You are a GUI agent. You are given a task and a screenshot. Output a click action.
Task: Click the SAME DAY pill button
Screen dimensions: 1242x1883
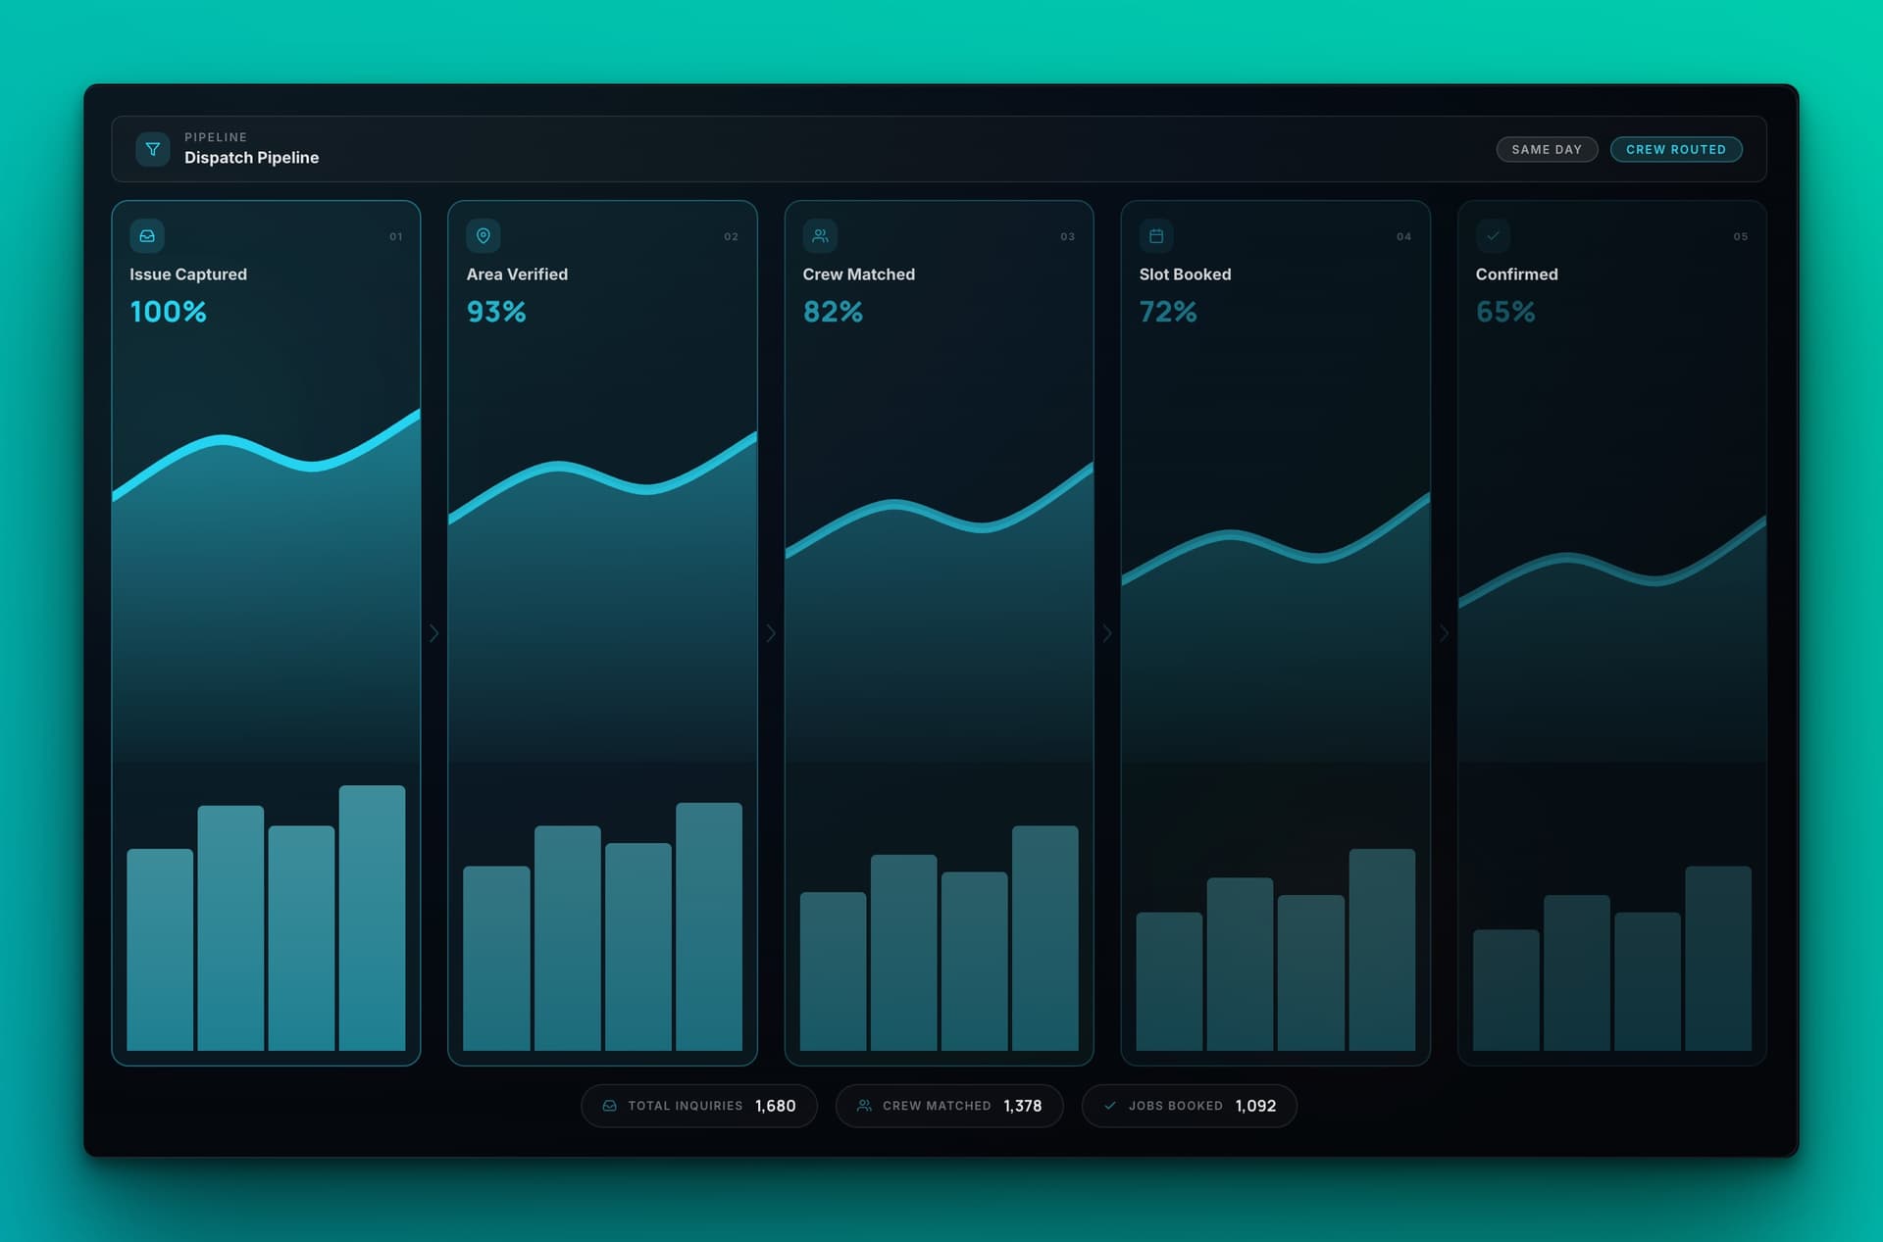1547,149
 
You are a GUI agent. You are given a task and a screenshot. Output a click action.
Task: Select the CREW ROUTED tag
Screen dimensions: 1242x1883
1675,149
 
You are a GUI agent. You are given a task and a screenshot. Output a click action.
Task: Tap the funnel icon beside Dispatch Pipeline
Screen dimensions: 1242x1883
153,149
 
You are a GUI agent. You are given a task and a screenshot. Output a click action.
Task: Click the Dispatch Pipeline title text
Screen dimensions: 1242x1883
251,158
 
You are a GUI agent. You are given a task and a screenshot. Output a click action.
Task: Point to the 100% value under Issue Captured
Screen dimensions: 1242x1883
168,312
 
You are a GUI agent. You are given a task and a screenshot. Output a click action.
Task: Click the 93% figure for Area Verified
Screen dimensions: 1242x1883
496,312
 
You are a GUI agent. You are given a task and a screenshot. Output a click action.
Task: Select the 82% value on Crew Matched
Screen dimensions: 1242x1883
833,312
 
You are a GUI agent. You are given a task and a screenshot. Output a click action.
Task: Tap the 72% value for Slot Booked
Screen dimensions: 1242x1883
1168,312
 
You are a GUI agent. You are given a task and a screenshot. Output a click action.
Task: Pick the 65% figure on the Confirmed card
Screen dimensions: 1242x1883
1505,312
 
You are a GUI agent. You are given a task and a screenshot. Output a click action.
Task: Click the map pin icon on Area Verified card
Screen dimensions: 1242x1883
483,235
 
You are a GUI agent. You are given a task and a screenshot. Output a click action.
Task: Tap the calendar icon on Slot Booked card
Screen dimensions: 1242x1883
1156,235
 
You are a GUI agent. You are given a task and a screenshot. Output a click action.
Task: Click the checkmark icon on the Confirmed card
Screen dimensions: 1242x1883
1493,235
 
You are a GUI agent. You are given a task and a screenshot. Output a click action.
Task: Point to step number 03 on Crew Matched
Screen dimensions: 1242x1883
1067,236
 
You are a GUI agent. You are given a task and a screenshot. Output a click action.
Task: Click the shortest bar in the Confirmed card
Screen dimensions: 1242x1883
1505,990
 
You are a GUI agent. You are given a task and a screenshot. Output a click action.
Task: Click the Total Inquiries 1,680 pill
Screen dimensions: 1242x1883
698,1106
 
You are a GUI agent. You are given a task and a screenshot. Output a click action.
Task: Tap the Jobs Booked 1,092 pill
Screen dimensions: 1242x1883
1189,1106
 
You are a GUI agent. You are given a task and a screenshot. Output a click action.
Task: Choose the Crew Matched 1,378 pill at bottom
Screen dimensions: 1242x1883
948,1106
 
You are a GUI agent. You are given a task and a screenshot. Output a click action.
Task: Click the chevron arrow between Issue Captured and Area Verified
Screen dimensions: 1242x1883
433,633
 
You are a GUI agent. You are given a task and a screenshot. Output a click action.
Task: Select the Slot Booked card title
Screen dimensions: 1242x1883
1185,274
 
